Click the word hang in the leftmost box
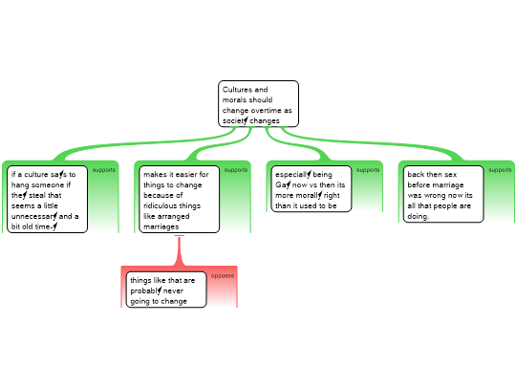click(x=20, y=185)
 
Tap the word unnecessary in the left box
click(x=34, y=216)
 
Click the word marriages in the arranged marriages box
click(x=161, y=226)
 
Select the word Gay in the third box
click(x=283, y=185)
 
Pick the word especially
click(x=293, y=175)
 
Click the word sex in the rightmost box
click(x=450, y=175)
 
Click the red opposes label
click(x=223, y=276)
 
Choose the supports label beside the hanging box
click(x=103, y=170)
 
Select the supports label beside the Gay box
click(x=368, y=170)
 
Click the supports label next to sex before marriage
click(x=500, y=170)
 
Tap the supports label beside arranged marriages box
click(x=236, y=170)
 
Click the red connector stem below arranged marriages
click(x=179, y=250)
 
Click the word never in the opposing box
click(x=173, y=291)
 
